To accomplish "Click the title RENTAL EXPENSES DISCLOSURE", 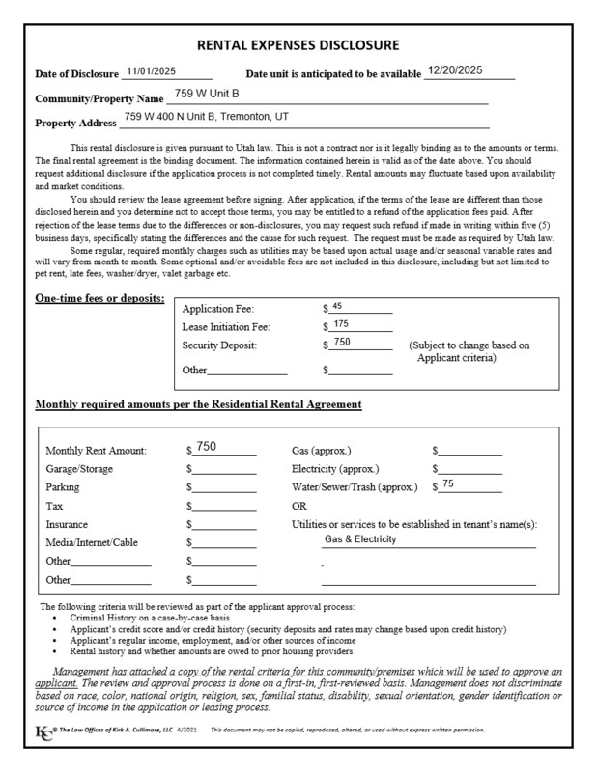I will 298,45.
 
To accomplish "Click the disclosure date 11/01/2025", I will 149,71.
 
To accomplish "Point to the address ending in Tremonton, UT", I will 206,117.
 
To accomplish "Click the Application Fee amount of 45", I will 337,306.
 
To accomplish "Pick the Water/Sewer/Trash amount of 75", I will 448,484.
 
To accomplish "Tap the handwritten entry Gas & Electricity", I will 360,539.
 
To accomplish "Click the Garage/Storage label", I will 79,469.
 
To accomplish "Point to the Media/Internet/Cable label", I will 92,543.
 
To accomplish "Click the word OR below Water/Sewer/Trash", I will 299,506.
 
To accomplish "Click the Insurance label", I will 68,525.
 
